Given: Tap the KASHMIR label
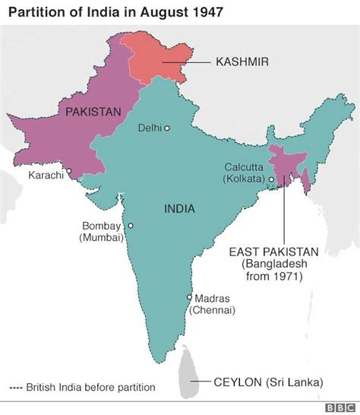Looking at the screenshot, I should click(x=243, y=62).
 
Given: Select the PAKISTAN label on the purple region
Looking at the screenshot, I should click(x=93, y=112).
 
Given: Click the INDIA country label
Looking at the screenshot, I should click(x=179, y=208).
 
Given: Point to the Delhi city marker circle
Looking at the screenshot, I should click(x=167, y=128).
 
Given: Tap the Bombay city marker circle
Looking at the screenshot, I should click(x=131, y=226).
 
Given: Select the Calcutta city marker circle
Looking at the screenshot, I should click(x=270, y=179).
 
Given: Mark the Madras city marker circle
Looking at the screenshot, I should click(x=189, y=297).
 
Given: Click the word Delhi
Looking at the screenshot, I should click(x=149, y=128).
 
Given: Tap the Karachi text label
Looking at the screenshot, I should click(x=46, y=176).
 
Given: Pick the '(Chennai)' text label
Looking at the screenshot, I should click(x=213, y=310).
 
